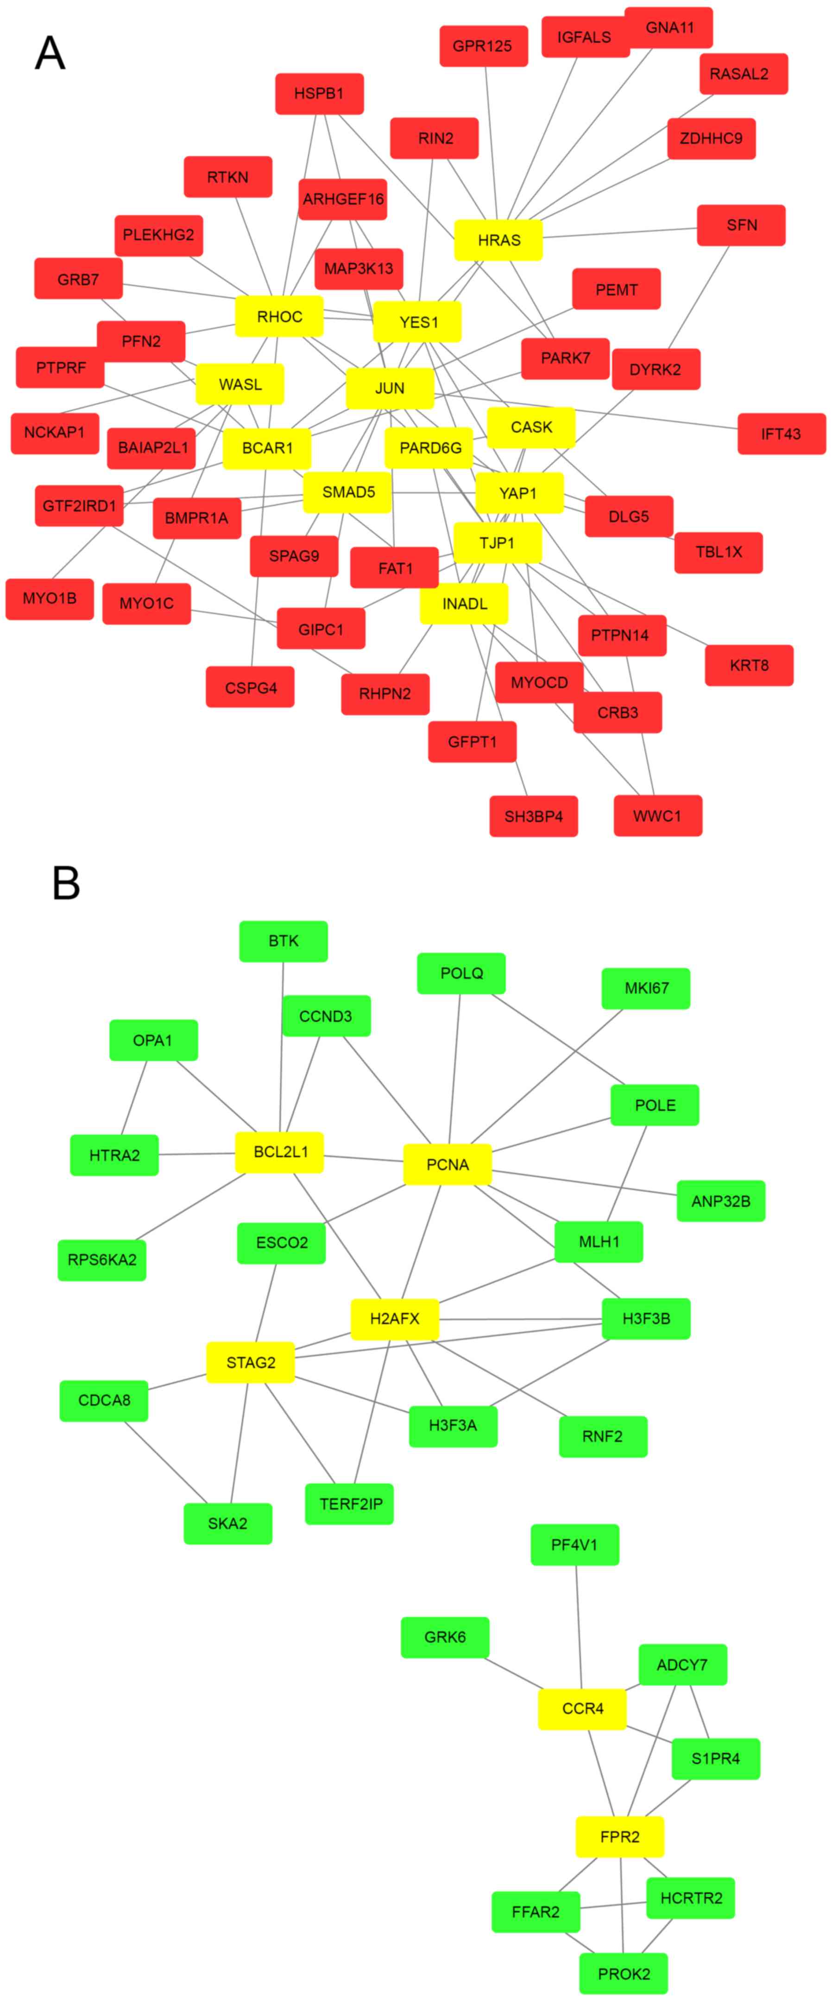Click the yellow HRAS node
coord(498,240)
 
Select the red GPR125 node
coord(483,46)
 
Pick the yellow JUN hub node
coord(390,388)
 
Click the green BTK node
coord(284,941)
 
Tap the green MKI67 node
coord(646,988)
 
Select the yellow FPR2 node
coord(619,1837)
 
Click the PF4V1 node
coord(574,1545)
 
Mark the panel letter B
coord(66,883)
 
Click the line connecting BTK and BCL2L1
coord(282,1048)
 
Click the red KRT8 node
coord(749,665)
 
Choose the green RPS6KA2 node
coord(101,1259)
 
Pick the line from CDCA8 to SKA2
coord(165,1462)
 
